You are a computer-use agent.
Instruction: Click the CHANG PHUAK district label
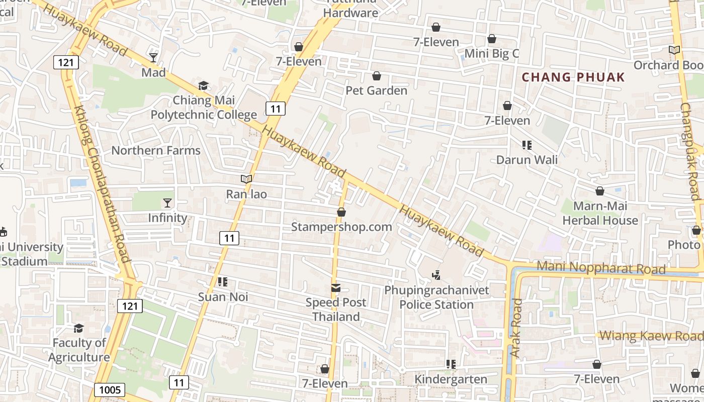coord(573,77)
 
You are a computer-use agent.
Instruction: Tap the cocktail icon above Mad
coord(153,58)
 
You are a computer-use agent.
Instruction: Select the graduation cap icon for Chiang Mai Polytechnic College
coord(203,85)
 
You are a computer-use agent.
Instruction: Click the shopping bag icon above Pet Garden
coord(376,76)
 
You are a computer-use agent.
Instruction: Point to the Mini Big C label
coord(491,54)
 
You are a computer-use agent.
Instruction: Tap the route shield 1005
coord(109,390)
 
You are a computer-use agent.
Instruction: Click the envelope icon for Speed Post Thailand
coord(335,288)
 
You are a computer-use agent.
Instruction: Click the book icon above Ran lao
coord(246,179)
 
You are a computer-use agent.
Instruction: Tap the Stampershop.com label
coord(341,227)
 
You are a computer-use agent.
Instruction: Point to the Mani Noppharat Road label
coord(601,267)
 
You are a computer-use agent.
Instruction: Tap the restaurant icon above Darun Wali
coord(526,145)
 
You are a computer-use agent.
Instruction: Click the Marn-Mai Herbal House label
coord(599,213)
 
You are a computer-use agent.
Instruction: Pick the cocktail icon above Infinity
coord(167,203)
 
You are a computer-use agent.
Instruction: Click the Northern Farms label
coord(156,151)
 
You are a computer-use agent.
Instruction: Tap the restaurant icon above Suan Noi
coord(223,282)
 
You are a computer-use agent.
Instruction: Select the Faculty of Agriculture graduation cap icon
coord(79,328)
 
